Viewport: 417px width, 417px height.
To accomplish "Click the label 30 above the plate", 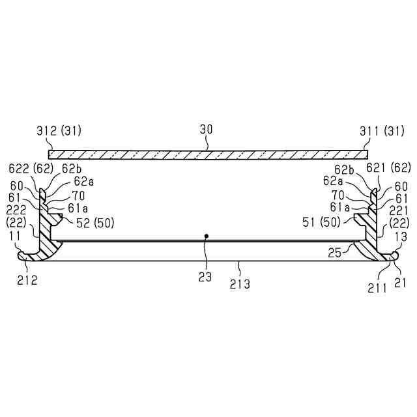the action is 206,130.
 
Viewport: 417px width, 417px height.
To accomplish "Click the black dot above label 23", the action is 207,235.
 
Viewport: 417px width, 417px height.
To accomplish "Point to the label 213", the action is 240,283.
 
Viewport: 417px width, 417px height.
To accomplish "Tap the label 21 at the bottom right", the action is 400,282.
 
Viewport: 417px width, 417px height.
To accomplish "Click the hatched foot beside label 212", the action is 33,255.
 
